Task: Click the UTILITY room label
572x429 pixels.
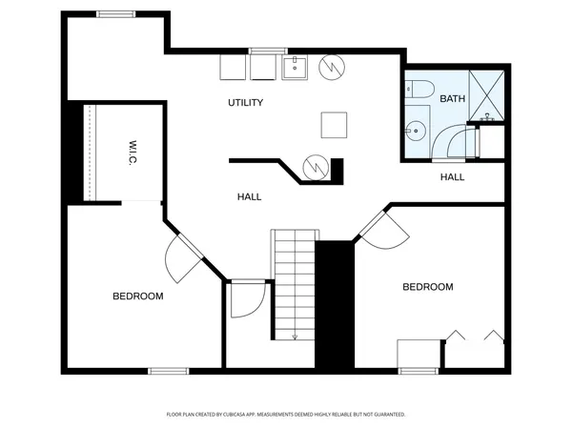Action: (245, 102)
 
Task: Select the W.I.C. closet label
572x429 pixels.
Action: (134, 153)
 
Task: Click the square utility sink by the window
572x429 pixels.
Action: (295, 67)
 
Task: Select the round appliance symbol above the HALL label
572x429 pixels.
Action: (314, 168)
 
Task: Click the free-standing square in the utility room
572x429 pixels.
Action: (334, 124)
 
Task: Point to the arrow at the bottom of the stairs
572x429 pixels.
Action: (295, 334)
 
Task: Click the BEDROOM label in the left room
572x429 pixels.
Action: (138, 296)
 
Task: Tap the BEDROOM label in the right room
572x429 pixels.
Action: (427, 287)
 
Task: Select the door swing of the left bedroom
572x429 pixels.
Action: (180, 256)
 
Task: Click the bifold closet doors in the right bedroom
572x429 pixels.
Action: (475, 336)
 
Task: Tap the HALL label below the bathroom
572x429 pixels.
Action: (452, 177)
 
